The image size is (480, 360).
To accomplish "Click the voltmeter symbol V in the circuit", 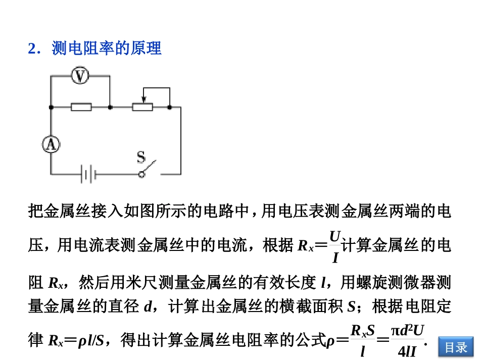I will [x=80, y=76].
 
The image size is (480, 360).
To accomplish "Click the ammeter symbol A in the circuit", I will [x=51, y=145].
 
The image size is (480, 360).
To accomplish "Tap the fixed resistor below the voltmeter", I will [x=81, y=107].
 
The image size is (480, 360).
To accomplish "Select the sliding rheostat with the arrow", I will [x=142, y=107].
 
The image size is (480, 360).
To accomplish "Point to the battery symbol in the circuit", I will [x=88, y=175].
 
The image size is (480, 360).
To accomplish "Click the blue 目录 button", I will [x=456, y=347].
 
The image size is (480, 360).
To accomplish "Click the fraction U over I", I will [x=334, y=247].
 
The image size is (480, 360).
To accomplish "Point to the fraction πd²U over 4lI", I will [x=404, y=341].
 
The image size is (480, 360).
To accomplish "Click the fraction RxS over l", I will [x=363, y=341].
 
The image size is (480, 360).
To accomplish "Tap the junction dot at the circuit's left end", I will [x=51, y=107].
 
